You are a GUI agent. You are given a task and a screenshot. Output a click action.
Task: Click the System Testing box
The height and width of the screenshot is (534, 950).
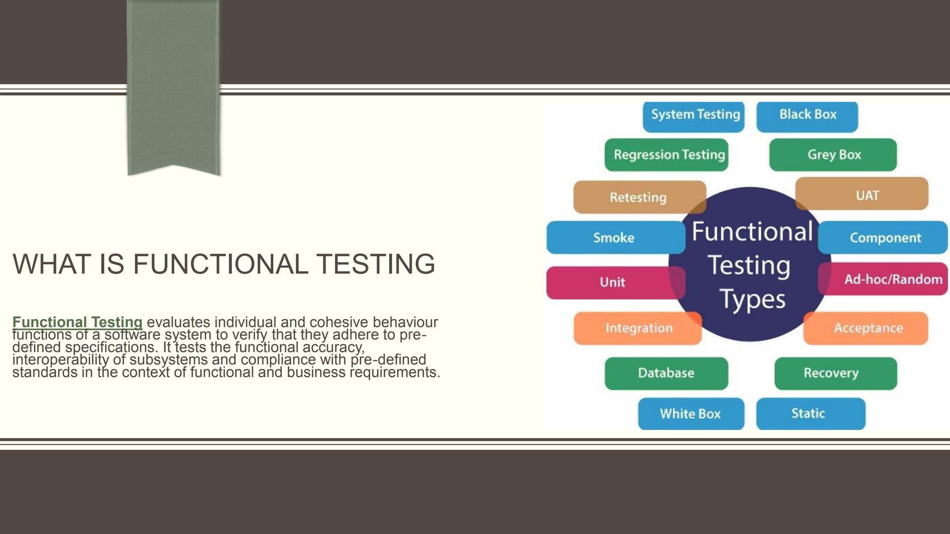pyautogui.click(x=693, y=115)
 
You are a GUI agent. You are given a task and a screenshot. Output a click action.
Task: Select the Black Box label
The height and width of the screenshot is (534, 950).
pyautogui.click(x=807, y=115)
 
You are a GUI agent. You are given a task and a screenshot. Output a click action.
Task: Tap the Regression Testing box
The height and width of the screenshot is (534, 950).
pyautogui.click(x=667, y=155)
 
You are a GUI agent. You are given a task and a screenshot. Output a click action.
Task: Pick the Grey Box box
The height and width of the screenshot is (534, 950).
pyautogui.click(x=833, y=155)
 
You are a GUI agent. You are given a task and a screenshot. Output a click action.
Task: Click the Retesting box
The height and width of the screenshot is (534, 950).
pyautogui.click(x=638, y=197)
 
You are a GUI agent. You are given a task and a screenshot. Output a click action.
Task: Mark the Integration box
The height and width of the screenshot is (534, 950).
pyautogui.click(x=638, y=328)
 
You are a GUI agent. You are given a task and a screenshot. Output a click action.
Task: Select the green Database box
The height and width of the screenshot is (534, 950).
pyautogui.click(x=666, y=373)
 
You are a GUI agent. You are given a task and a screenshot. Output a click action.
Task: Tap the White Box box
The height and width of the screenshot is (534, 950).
pyautogui.click(x=691, y=413)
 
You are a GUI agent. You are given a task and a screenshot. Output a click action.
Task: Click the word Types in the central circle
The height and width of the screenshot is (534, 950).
pyautogui.click(x=752, y=300)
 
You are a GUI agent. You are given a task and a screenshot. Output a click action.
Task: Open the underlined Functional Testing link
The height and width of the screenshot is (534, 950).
pyautogui.click(x=77, y=322)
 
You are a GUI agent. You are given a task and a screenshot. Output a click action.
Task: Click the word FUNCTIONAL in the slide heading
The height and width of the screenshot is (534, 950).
pyautogui.click(x=220, y=264)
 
